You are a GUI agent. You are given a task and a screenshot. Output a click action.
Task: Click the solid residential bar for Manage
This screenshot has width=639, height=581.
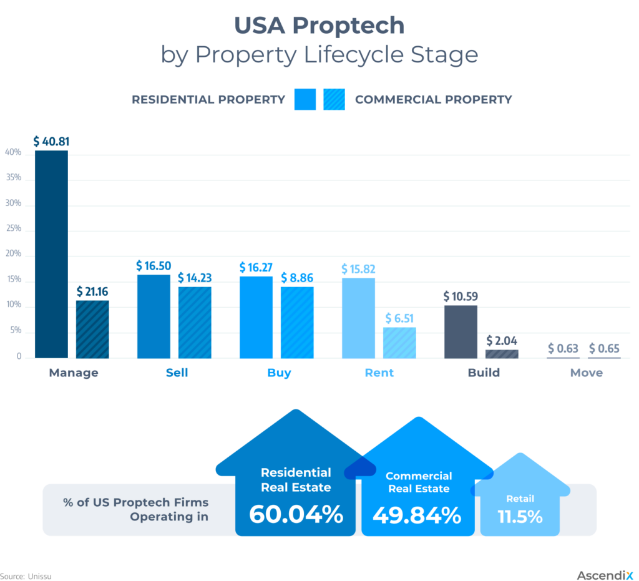tap(51, 254)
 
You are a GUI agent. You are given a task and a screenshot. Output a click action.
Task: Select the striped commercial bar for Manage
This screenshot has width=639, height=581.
tap(92, 330)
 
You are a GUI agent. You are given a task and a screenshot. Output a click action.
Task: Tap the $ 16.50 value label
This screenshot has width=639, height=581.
tap(154, 266)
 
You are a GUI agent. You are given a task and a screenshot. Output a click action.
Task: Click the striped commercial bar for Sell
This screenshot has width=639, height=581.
tap(195, 322)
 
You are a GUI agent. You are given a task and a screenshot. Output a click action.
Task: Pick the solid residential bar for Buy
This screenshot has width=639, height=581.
tap(256, 317)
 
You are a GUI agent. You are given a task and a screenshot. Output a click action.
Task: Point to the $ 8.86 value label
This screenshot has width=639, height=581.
tap(297, 278)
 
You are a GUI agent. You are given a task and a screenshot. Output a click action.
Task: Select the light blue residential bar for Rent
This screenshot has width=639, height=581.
tap(358, 318)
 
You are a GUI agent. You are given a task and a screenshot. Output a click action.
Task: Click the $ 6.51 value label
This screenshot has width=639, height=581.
tap(399, 318)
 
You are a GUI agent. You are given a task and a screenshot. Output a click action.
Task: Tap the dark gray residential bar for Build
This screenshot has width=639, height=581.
tap(461, 331)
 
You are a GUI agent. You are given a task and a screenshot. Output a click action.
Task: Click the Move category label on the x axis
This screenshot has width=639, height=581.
tap(587, 373)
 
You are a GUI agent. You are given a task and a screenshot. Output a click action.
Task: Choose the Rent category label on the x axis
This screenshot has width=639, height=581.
tap(379, 373)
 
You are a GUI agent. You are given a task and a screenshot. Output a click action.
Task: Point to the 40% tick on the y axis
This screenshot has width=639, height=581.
tap(13, 152)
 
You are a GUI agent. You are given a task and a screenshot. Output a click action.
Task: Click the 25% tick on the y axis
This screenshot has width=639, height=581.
tap(13, 229)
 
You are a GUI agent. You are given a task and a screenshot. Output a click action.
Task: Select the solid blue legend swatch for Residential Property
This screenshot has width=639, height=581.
tap(305, 100)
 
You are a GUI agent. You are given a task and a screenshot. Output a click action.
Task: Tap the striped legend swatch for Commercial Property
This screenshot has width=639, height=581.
tap(334, 100)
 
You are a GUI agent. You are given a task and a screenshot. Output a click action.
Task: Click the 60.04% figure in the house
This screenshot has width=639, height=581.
tap(296, 514)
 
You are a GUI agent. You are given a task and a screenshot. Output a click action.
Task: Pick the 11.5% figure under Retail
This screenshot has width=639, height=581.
tap(520, 517)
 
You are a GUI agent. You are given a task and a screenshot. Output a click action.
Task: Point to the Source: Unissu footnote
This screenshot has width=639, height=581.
tap(26, 576)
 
